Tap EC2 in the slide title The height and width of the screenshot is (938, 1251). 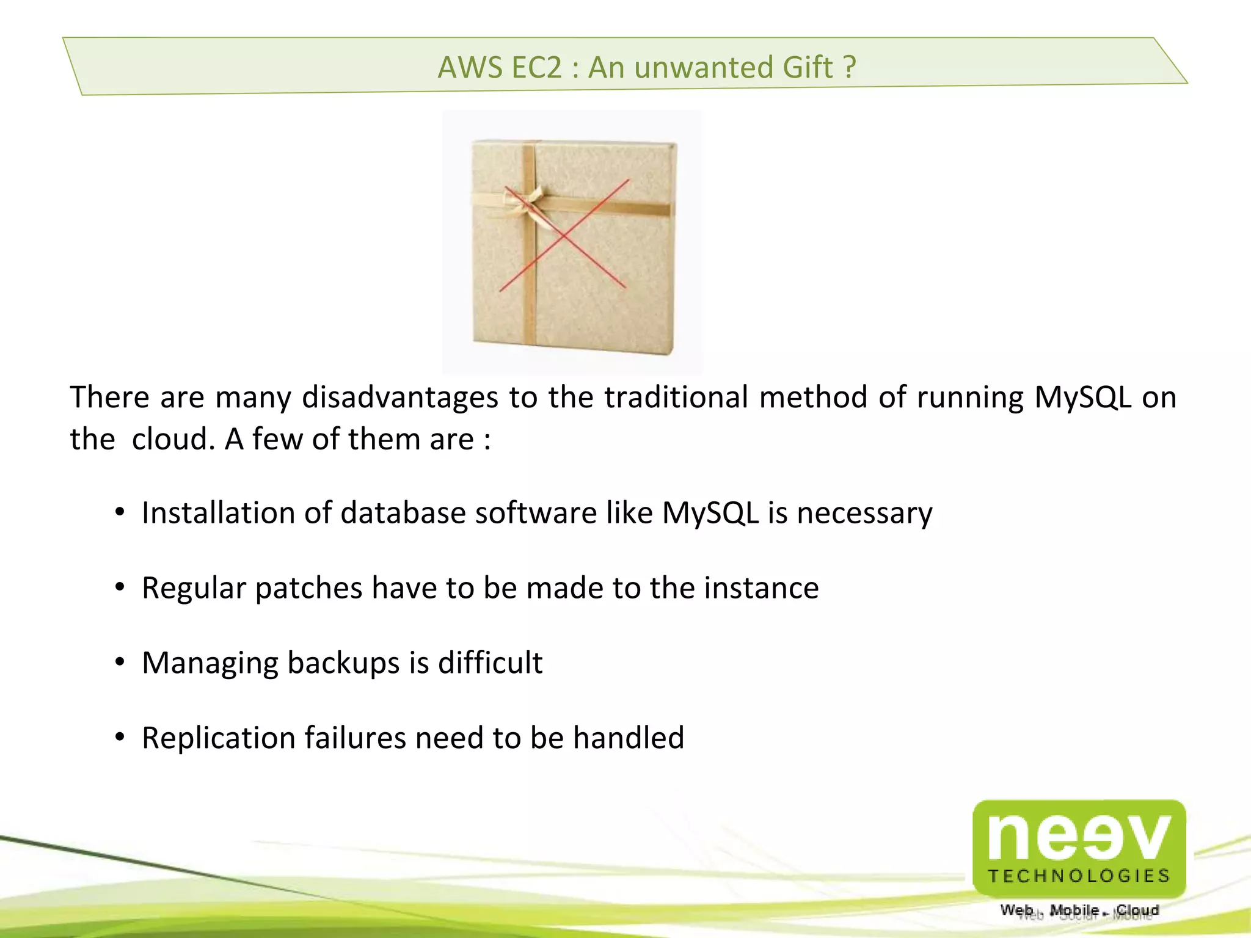(536, 67)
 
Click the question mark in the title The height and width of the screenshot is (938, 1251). (849, 67)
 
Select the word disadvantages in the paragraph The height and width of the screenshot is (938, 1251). (400, 397)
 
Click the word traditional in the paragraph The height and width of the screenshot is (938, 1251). (676, 397)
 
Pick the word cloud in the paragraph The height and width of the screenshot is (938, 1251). (173, 439)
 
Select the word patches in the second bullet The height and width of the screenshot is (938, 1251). (308, 589)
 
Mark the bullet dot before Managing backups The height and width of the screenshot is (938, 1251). (120, 662)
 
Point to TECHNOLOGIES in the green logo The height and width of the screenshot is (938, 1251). (1079, 876)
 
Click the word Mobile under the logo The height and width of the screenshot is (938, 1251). (1074, 911)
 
